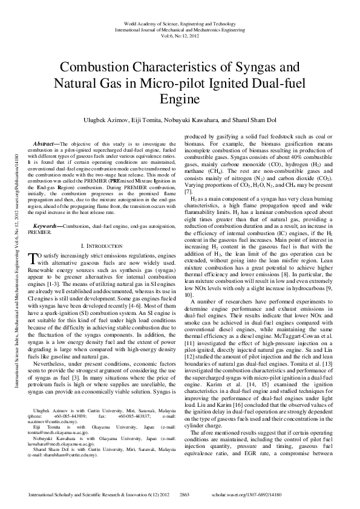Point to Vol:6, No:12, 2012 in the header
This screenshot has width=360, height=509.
pos(179,34)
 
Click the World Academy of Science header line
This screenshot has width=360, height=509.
pos(179,22)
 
